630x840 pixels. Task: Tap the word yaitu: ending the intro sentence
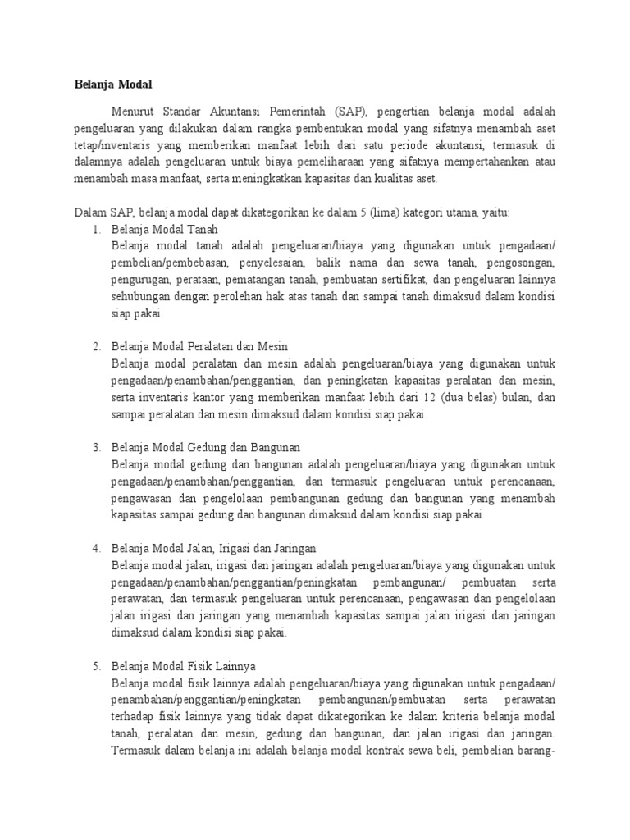494,212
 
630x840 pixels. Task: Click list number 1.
96,229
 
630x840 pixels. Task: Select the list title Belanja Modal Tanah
164,229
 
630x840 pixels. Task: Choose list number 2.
96,346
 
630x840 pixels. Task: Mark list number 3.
96,447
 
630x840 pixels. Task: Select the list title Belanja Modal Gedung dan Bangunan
206,447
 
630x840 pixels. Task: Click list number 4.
96,548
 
